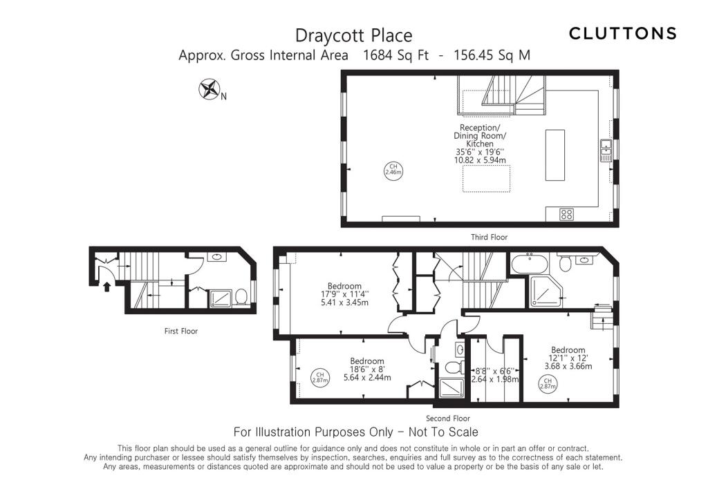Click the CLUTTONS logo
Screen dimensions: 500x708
622,33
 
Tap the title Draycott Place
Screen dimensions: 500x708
353,35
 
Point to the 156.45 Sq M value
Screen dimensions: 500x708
492,55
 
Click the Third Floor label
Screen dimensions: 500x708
489,237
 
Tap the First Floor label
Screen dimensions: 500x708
180,331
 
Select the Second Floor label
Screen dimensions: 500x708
447,418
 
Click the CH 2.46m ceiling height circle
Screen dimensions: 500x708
393,170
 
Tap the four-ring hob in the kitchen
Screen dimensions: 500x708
566,214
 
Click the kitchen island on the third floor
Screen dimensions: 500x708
555,154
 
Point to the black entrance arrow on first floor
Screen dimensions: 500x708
106,285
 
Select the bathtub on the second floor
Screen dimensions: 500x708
530,263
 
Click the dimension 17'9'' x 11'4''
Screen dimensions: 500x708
344,294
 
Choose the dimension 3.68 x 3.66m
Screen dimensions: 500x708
568,366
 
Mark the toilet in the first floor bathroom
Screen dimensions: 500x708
241,296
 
